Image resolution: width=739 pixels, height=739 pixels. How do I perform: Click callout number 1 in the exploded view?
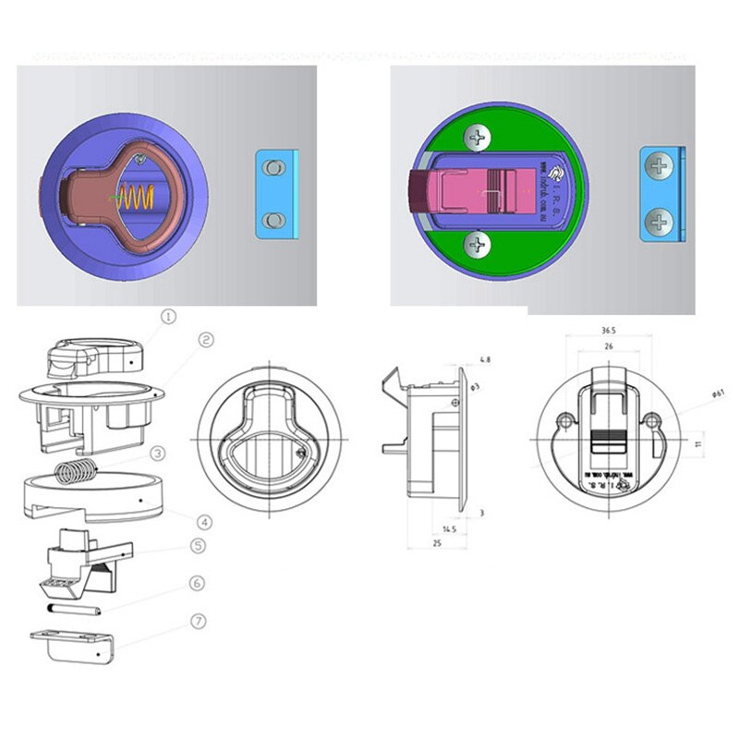167,316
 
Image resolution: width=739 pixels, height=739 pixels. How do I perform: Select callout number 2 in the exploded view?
206,340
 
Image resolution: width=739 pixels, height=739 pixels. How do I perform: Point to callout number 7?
198,621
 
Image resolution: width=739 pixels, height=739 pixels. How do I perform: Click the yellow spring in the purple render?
137,197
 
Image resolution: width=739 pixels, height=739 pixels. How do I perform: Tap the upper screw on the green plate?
477,140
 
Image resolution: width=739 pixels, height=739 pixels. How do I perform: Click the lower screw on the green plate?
477,245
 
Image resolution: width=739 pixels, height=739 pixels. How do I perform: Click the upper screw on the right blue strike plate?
658,167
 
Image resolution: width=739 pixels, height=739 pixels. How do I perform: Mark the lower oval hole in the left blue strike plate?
271,219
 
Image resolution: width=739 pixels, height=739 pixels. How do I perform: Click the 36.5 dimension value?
609,329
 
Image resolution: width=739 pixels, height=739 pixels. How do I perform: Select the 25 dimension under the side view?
436,545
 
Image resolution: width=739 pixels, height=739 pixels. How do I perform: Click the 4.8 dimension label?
485,358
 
